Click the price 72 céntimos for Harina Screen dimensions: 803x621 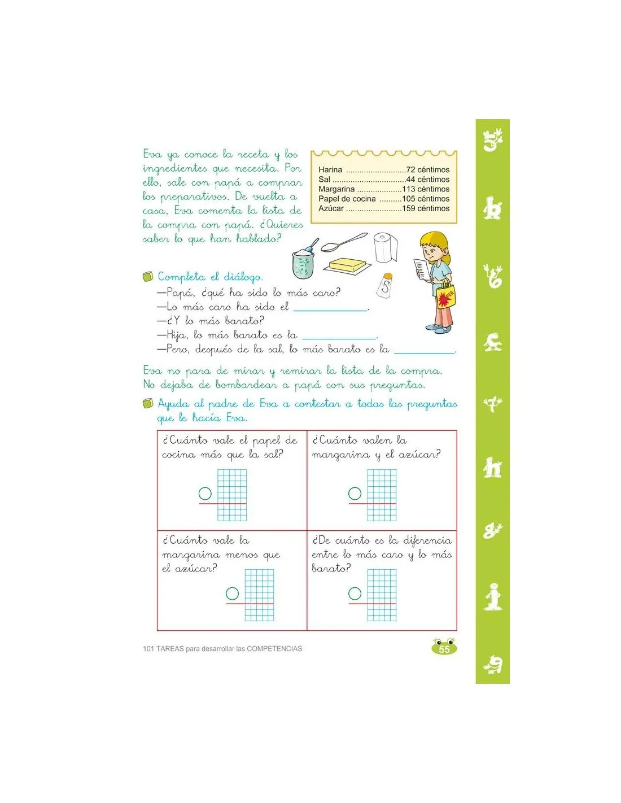(x=428, y=169)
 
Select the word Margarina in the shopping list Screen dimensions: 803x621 (x=336, y=189)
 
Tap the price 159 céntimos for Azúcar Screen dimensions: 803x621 (x=426, y=208)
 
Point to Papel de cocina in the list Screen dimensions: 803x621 (x=347, y=199)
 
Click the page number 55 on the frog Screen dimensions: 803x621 (x=444, y=649)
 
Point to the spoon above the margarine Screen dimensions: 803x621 (x=342, y=242)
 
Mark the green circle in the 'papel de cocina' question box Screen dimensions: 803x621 (x=205, y=494)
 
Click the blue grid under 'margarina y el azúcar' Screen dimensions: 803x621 (x=382, y=495)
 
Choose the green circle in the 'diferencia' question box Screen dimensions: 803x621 (x=355, y=593)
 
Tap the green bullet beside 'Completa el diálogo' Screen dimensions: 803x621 (x=148, y=277)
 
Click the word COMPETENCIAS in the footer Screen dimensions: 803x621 (x=274, y=649)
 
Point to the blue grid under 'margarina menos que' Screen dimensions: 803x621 (x=259, y=595)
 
